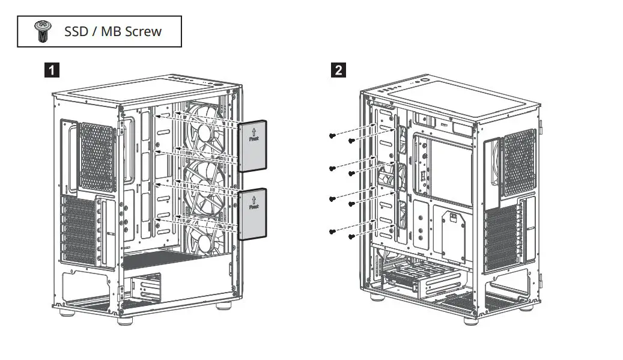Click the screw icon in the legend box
coord(42,31)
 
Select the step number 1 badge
coord(53,70)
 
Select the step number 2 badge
coord(339,70)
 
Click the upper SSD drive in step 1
coord(252,147)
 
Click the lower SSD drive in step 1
coord(252,215)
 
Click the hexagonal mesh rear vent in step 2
coord(518,162)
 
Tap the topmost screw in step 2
coord(332,136)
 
